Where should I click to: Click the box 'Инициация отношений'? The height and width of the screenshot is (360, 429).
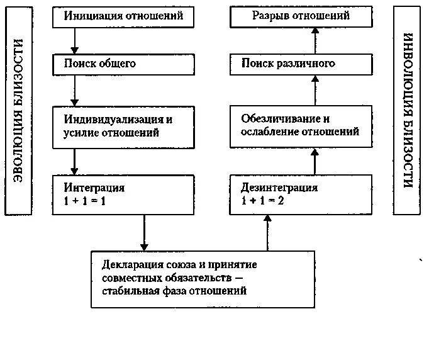tap(123, 16)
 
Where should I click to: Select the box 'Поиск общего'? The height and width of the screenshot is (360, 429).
tap(123, 64)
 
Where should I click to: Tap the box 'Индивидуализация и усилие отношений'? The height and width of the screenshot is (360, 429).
tap(123, 126)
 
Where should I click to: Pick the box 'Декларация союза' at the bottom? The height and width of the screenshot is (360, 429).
tap(202, 278)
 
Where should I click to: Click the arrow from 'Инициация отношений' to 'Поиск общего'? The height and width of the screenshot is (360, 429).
tap(75, 40)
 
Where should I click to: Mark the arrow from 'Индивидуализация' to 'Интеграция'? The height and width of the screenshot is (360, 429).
tap(75, 161)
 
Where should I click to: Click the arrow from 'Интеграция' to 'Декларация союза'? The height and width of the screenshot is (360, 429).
tap(145, 232)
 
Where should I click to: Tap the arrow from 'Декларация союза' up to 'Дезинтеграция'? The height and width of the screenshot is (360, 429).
tap(268, 232)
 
